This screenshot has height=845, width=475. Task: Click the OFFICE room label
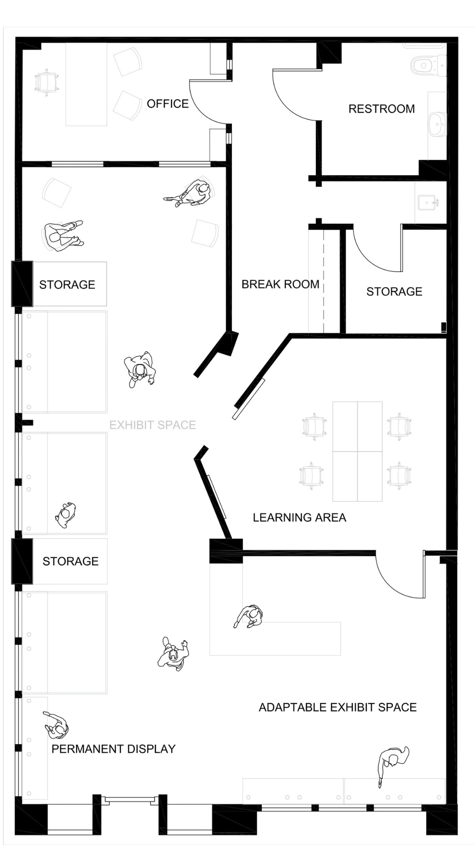168,104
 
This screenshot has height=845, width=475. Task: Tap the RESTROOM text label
381,109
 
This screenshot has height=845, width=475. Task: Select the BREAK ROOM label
280,284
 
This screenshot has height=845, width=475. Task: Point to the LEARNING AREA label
299,518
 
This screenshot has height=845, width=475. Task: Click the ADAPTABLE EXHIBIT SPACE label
337,707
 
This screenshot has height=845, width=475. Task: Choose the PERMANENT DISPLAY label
113,749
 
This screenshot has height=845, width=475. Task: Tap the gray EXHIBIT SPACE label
153,425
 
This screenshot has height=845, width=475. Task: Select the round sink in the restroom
437,124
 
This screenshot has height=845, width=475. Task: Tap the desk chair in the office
46,82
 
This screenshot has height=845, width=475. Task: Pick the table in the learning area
357,451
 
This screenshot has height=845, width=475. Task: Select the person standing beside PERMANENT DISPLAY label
56,725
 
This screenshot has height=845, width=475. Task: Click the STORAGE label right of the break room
394,291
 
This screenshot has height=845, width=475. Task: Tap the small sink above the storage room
429,203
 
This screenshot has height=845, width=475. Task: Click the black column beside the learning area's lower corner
226,551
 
